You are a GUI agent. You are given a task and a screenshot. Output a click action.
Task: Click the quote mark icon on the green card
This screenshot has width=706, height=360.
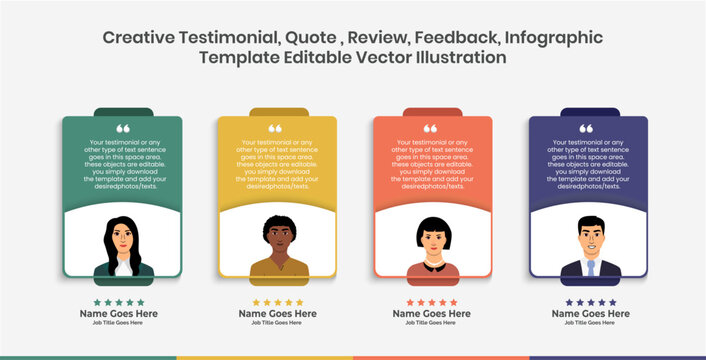[x=123, y=129]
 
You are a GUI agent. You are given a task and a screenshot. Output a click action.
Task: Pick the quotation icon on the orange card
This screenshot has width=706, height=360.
[x=430, y=129]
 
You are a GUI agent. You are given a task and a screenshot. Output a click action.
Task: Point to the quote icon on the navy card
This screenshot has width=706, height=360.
[x=586, y=129]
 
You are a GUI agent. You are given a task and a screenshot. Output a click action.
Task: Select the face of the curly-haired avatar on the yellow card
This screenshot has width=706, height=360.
[x=278, y=237]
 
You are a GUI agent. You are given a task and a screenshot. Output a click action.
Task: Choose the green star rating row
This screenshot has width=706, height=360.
[x=119, y=302]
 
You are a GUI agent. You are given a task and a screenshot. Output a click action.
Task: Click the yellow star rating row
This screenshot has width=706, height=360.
[x=277, y=302]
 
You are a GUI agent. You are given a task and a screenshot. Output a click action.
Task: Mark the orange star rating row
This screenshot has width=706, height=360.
[x=432, y=302]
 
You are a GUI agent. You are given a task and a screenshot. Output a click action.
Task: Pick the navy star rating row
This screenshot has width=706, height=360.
[x=589, y=302]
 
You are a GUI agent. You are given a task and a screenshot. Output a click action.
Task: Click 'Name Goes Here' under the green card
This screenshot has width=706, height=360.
[x=119, y=313]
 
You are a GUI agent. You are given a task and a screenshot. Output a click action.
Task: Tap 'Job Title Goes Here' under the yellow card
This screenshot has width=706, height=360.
[x=277, y=323]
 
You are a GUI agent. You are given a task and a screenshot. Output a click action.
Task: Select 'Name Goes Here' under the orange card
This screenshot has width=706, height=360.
[x=432, y=313]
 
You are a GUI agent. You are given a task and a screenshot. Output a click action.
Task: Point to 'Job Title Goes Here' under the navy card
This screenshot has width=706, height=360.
[x=589, y=323]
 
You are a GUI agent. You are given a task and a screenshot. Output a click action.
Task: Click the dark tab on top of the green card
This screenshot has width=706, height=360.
[x=123, y=112]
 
